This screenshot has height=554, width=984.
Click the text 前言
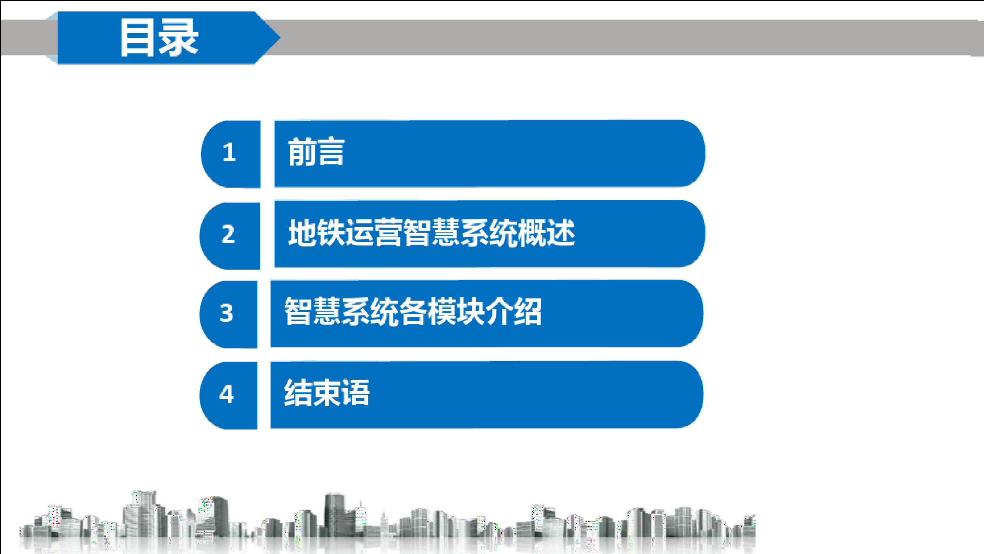pyautogui.click(x=316, y=152)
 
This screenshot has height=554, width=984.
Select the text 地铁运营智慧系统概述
pyautogui.click(x=431, y=233)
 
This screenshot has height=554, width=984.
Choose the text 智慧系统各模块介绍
pyautogui.click(x=413, y=312)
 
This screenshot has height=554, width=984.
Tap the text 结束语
pyautogui.click(x=327, y=393)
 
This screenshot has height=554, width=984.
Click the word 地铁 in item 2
pyautogui.click(x=317, y=233)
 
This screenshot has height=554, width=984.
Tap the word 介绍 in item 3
pyautogui.click(x=514, y=312)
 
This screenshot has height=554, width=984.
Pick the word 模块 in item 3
pyautogui.click(x=456, y=312)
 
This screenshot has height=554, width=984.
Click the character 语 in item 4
pyautogui.click(x=356, y=393)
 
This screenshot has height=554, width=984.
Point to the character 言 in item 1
pyautogui.click(x=331, y=152)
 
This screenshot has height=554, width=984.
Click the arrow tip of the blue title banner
pyautogui.click(x=280, y=37)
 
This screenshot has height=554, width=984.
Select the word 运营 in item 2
pyautogui.click(x=374, y=233)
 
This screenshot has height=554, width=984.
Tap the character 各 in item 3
pyautogui.click(x=413, y=312)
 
